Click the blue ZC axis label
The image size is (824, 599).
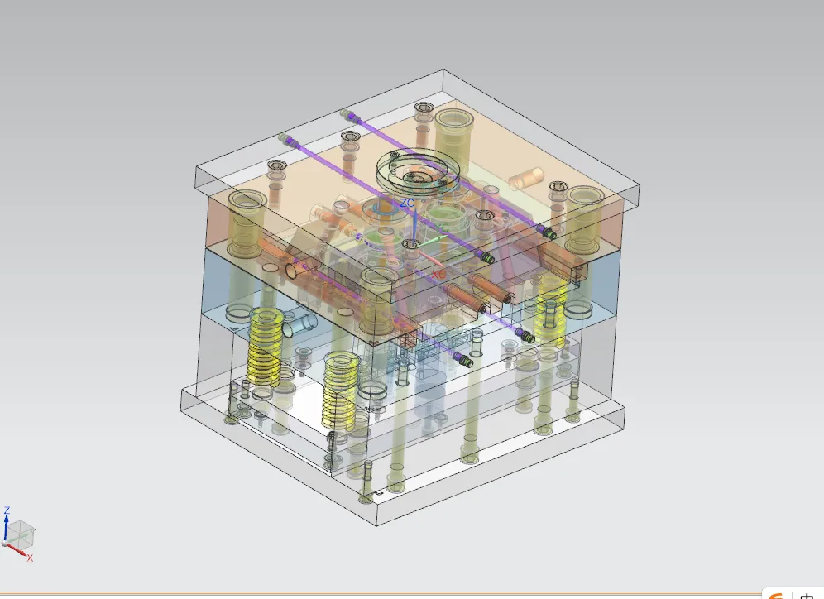(407, 202)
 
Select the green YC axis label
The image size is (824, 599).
(443, 227)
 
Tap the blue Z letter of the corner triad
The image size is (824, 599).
(7, 510)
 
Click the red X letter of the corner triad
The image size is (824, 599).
(30, 558)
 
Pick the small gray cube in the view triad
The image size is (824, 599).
(20, 534)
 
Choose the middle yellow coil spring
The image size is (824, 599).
(339, 389)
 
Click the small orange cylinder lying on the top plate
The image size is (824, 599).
(526, 177)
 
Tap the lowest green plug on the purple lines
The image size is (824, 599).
(466, 361)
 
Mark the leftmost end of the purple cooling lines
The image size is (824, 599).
(284, 137)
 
